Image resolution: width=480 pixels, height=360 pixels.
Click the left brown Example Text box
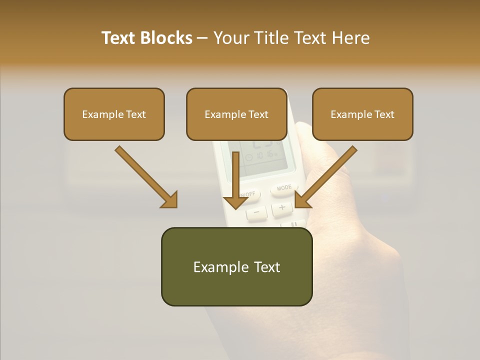click(x=114, y=114)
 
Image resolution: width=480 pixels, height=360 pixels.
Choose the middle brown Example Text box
click(x=236, y=114)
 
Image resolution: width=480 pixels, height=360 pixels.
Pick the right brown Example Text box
click(x=362, y=114)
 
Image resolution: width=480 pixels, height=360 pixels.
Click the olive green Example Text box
click(x=236, y=266)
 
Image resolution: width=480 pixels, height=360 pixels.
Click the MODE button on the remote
click(x=284, y=188)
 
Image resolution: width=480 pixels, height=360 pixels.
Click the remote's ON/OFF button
click(x=248, y=193)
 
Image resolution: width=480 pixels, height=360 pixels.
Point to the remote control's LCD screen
click(x=260, y=155)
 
